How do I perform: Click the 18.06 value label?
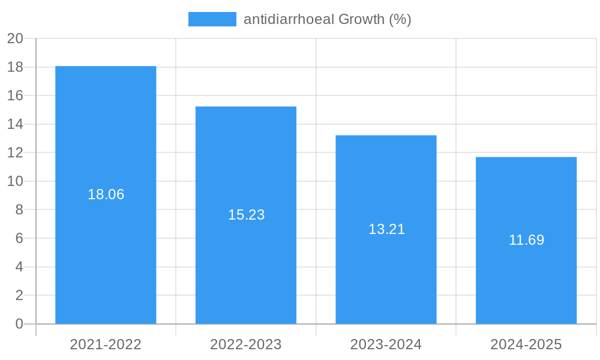pos(106,194)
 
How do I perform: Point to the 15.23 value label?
pos(246,215)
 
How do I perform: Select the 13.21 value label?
pos(386,229)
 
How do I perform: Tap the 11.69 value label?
pos(526,240)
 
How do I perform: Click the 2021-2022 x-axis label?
pos(106,344)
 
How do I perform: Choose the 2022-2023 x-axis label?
pos(246,344)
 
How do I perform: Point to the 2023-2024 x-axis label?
pos(386,344)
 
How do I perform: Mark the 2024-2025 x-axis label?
pos(526,344)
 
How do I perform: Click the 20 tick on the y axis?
pos(15,38)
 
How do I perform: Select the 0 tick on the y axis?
pos(19,324)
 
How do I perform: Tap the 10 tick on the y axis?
pos(15,181)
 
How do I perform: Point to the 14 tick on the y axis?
pos(15,124)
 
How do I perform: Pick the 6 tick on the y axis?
pos(19,238)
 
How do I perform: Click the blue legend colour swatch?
pos(212,19)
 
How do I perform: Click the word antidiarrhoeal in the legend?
pos(289,19)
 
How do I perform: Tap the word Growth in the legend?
pos(361,19)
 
